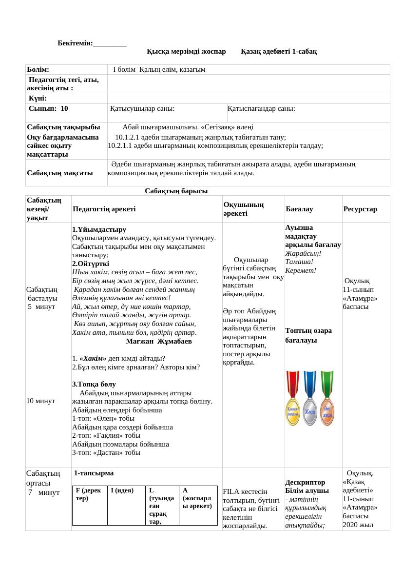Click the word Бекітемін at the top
[75, 43]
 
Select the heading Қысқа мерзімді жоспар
[186, 51]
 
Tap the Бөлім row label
[38, 69]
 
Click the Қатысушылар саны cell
[142, 109]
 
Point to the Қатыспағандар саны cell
[261, 109]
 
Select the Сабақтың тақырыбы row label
[60, 127]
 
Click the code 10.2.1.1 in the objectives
[122, 145]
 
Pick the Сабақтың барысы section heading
[176, 191]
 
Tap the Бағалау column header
[299, 209]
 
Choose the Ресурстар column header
[360, 209]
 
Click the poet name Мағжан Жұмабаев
[158, 341]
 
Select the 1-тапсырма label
[94, 473]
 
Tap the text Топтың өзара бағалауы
[308, 335]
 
